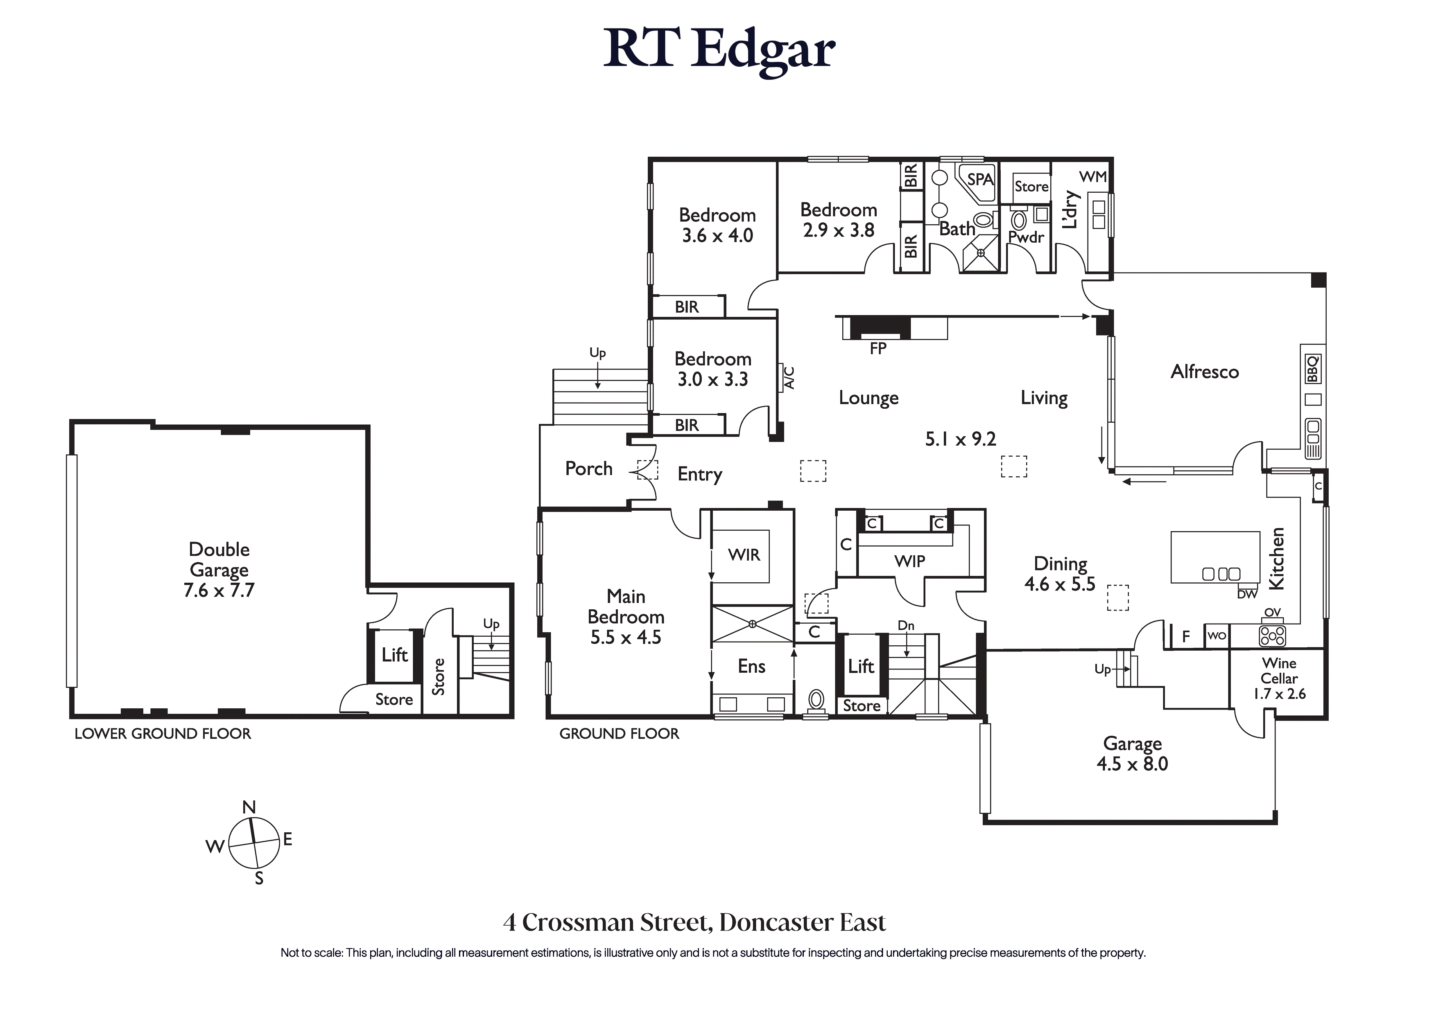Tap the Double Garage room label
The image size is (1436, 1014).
(219, 559)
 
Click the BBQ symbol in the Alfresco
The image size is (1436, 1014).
(1312, 369)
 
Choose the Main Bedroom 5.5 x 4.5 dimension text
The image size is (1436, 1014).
(625, 638)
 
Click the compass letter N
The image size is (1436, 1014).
(249, 807)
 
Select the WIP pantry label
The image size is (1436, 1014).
(909, 561)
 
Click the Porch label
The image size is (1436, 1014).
(588, 469)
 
